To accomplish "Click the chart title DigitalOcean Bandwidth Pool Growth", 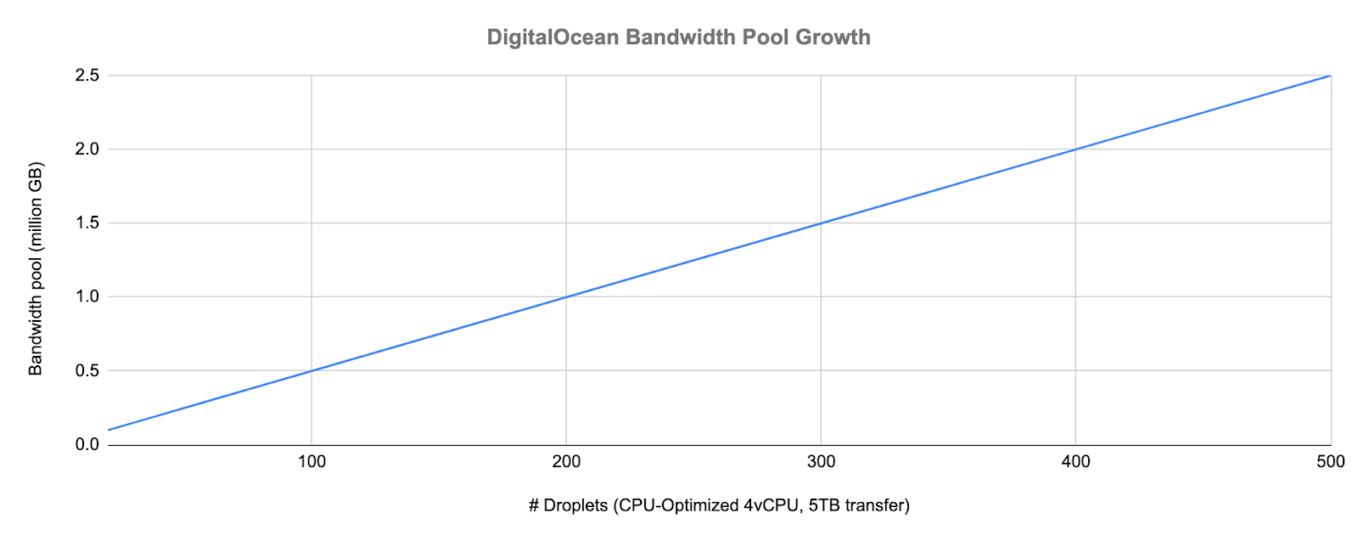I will tap(678, 37).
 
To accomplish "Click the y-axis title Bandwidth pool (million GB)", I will tap(36, 268).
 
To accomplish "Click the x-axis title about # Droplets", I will tap(719, 506).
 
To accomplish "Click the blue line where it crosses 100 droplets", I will tap(311, 370).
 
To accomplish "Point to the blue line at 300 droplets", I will tap(821, 223).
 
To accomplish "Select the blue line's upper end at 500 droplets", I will tap(1329, 76).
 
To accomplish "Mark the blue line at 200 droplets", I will tap(566, 297).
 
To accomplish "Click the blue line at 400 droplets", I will tap(1075, 149).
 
